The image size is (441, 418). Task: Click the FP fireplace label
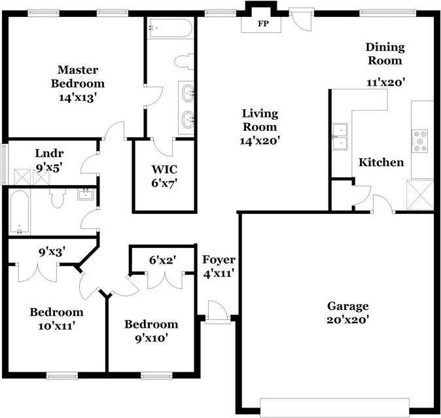pos(263,24)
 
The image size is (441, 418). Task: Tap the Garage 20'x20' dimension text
pos(347,320)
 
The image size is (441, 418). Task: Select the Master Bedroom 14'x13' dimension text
pos(78,97)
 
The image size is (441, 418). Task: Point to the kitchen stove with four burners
pos(419,141)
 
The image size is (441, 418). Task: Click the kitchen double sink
pos(340,137)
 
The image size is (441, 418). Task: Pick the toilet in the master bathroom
pos(184,61)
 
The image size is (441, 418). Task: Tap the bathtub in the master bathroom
pos(171,28)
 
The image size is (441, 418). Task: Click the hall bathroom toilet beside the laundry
pos(58,198)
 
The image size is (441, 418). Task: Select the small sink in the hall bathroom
pos(86,194)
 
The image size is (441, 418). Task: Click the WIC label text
pos(164,169)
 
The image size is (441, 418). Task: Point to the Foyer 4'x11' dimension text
pos(219,273)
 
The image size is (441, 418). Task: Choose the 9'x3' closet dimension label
pos(52,252)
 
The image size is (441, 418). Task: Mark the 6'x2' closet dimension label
pos(162,260)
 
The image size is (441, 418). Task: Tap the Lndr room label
pos(49,153)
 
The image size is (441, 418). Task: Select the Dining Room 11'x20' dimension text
pos(385,82)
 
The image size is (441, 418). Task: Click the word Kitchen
pos(381,162)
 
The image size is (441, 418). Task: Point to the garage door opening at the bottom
pos(335,408)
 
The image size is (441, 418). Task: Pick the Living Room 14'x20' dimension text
pos(260,141)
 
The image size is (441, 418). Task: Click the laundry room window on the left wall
pos(4,164)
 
